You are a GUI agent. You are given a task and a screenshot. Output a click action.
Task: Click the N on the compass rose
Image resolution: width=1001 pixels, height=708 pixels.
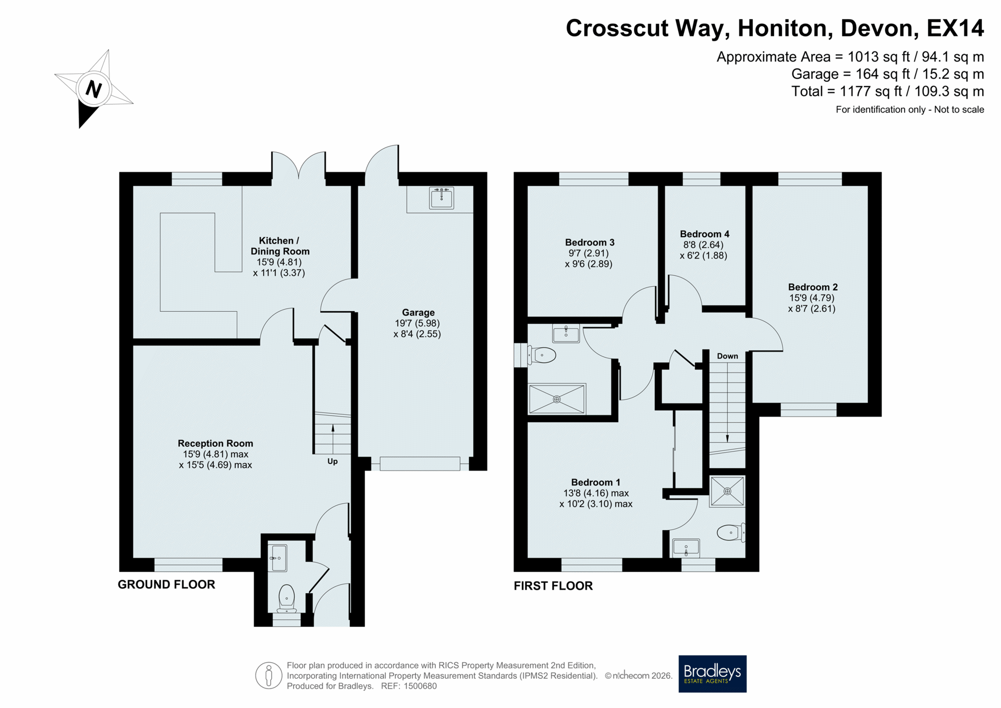pyautogui.click(x=93, y=89)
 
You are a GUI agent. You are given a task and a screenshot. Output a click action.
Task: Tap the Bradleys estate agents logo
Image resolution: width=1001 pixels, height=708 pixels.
pyautogui.click(x=712, y=674)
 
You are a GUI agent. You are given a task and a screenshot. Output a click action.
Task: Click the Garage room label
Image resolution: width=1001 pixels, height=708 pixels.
pyautogui.click(x=418, y=312)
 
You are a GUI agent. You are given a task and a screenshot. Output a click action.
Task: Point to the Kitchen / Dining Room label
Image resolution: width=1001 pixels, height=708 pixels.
pyautogui.click(x=280, y=246)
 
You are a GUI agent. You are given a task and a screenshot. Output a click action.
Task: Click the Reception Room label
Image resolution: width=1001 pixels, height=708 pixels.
pyautogui.click(x=215, y=443)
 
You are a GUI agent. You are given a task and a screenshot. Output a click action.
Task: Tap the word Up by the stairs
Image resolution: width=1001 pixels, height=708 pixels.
pyautogui.click(x=333, y=461)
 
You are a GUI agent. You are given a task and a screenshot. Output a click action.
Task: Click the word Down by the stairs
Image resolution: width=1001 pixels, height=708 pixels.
pyautogui.click(x=727, y=356)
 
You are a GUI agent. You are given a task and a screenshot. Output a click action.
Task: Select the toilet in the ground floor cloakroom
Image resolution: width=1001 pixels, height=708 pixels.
pyautogui.click(x=287, y=599)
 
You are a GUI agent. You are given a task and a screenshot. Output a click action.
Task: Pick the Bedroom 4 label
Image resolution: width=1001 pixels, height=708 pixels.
pyautogui.click(x=704, y=234)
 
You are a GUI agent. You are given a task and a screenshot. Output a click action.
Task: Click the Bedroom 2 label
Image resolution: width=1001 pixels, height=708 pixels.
pyautogui.click(x=813, y=287)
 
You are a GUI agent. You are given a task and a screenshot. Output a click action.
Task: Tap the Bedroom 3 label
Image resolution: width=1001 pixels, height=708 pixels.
pyautogui.click(x=590, y=242)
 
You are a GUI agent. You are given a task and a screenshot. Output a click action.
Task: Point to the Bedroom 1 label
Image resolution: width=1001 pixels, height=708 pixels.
pyautogui.click(x=595, y=482)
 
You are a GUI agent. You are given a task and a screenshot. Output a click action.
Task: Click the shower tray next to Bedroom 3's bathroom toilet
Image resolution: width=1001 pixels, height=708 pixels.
pyautogui.click(x=557, y=399)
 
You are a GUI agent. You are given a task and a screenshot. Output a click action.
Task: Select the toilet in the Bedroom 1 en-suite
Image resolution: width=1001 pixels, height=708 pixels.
pyautogui.click(x=731, y=532)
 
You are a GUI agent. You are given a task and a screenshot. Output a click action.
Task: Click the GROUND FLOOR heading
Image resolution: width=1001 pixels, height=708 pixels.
pyautogui.click(x=166, y=584)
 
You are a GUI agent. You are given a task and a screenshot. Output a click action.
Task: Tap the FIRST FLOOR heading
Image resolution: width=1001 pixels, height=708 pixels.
pyautogui.click(x=553, y=585)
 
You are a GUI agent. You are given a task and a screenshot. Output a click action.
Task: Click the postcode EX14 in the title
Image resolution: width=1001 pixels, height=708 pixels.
pyautogui.click(x=955, y=28)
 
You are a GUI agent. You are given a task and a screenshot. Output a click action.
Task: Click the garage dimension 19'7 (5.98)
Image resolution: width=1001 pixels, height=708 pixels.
pyautogui.click(x=417, y=323)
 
